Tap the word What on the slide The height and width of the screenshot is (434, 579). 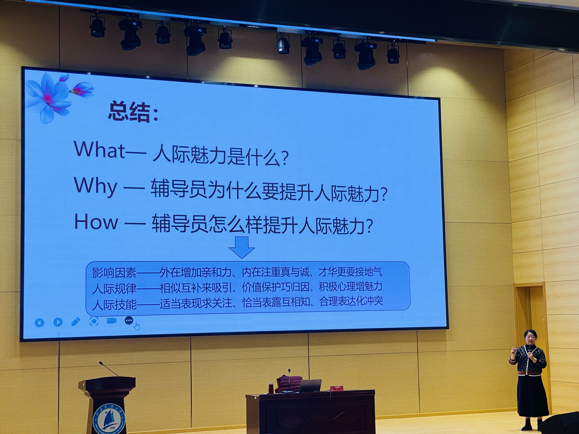pos(100,150)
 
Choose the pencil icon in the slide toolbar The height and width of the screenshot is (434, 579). pos(76,321)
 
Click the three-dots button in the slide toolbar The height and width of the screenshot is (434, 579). pos(129,320)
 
